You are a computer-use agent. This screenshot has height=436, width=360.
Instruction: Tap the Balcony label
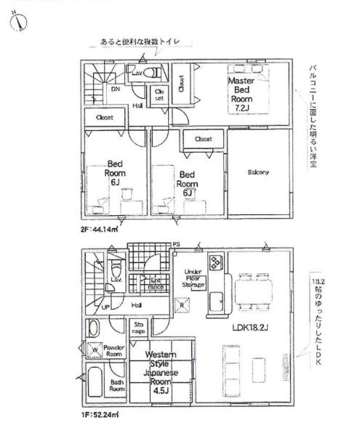pos(257,172)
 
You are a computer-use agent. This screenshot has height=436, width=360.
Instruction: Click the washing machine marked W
pos(94,351)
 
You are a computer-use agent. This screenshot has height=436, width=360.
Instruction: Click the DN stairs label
pos(115,89)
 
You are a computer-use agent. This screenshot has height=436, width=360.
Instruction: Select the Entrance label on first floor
pos(156,284)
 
